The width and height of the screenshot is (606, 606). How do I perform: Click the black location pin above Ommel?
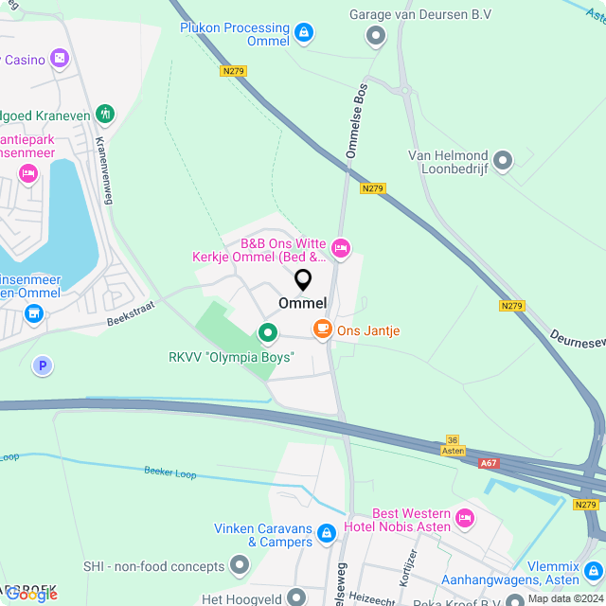point(303,280)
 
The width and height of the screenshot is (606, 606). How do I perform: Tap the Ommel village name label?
point(303,303)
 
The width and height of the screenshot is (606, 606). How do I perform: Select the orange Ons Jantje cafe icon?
point(323,330)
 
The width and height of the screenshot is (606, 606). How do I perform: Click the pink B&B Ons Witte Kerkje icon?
point(341,249)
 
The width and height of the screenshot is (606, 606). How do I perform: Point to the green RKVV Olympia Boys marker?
point(267,332)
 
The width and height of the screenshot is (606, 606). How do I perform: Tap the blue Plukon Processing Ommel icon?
point(303,34)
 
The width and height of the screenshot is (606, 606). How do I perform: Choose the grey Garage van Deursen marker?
point(376,36)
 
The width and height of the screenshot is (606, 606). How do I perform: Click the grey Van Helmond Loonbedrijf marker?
point(503,160)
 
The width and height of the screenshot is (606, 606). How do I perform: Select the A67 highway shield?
point(489,463)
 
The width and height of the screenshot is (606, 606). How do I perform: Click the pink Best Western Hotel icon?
point(464,518)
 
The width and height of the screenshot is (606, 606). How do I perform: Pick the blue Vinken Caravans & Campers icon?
point(327,535)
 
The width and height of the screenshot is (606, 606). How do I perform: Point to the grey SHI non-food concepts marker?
point(239,566)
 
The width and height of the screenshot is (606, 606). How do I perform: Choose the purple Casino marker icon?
point(60,60)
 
